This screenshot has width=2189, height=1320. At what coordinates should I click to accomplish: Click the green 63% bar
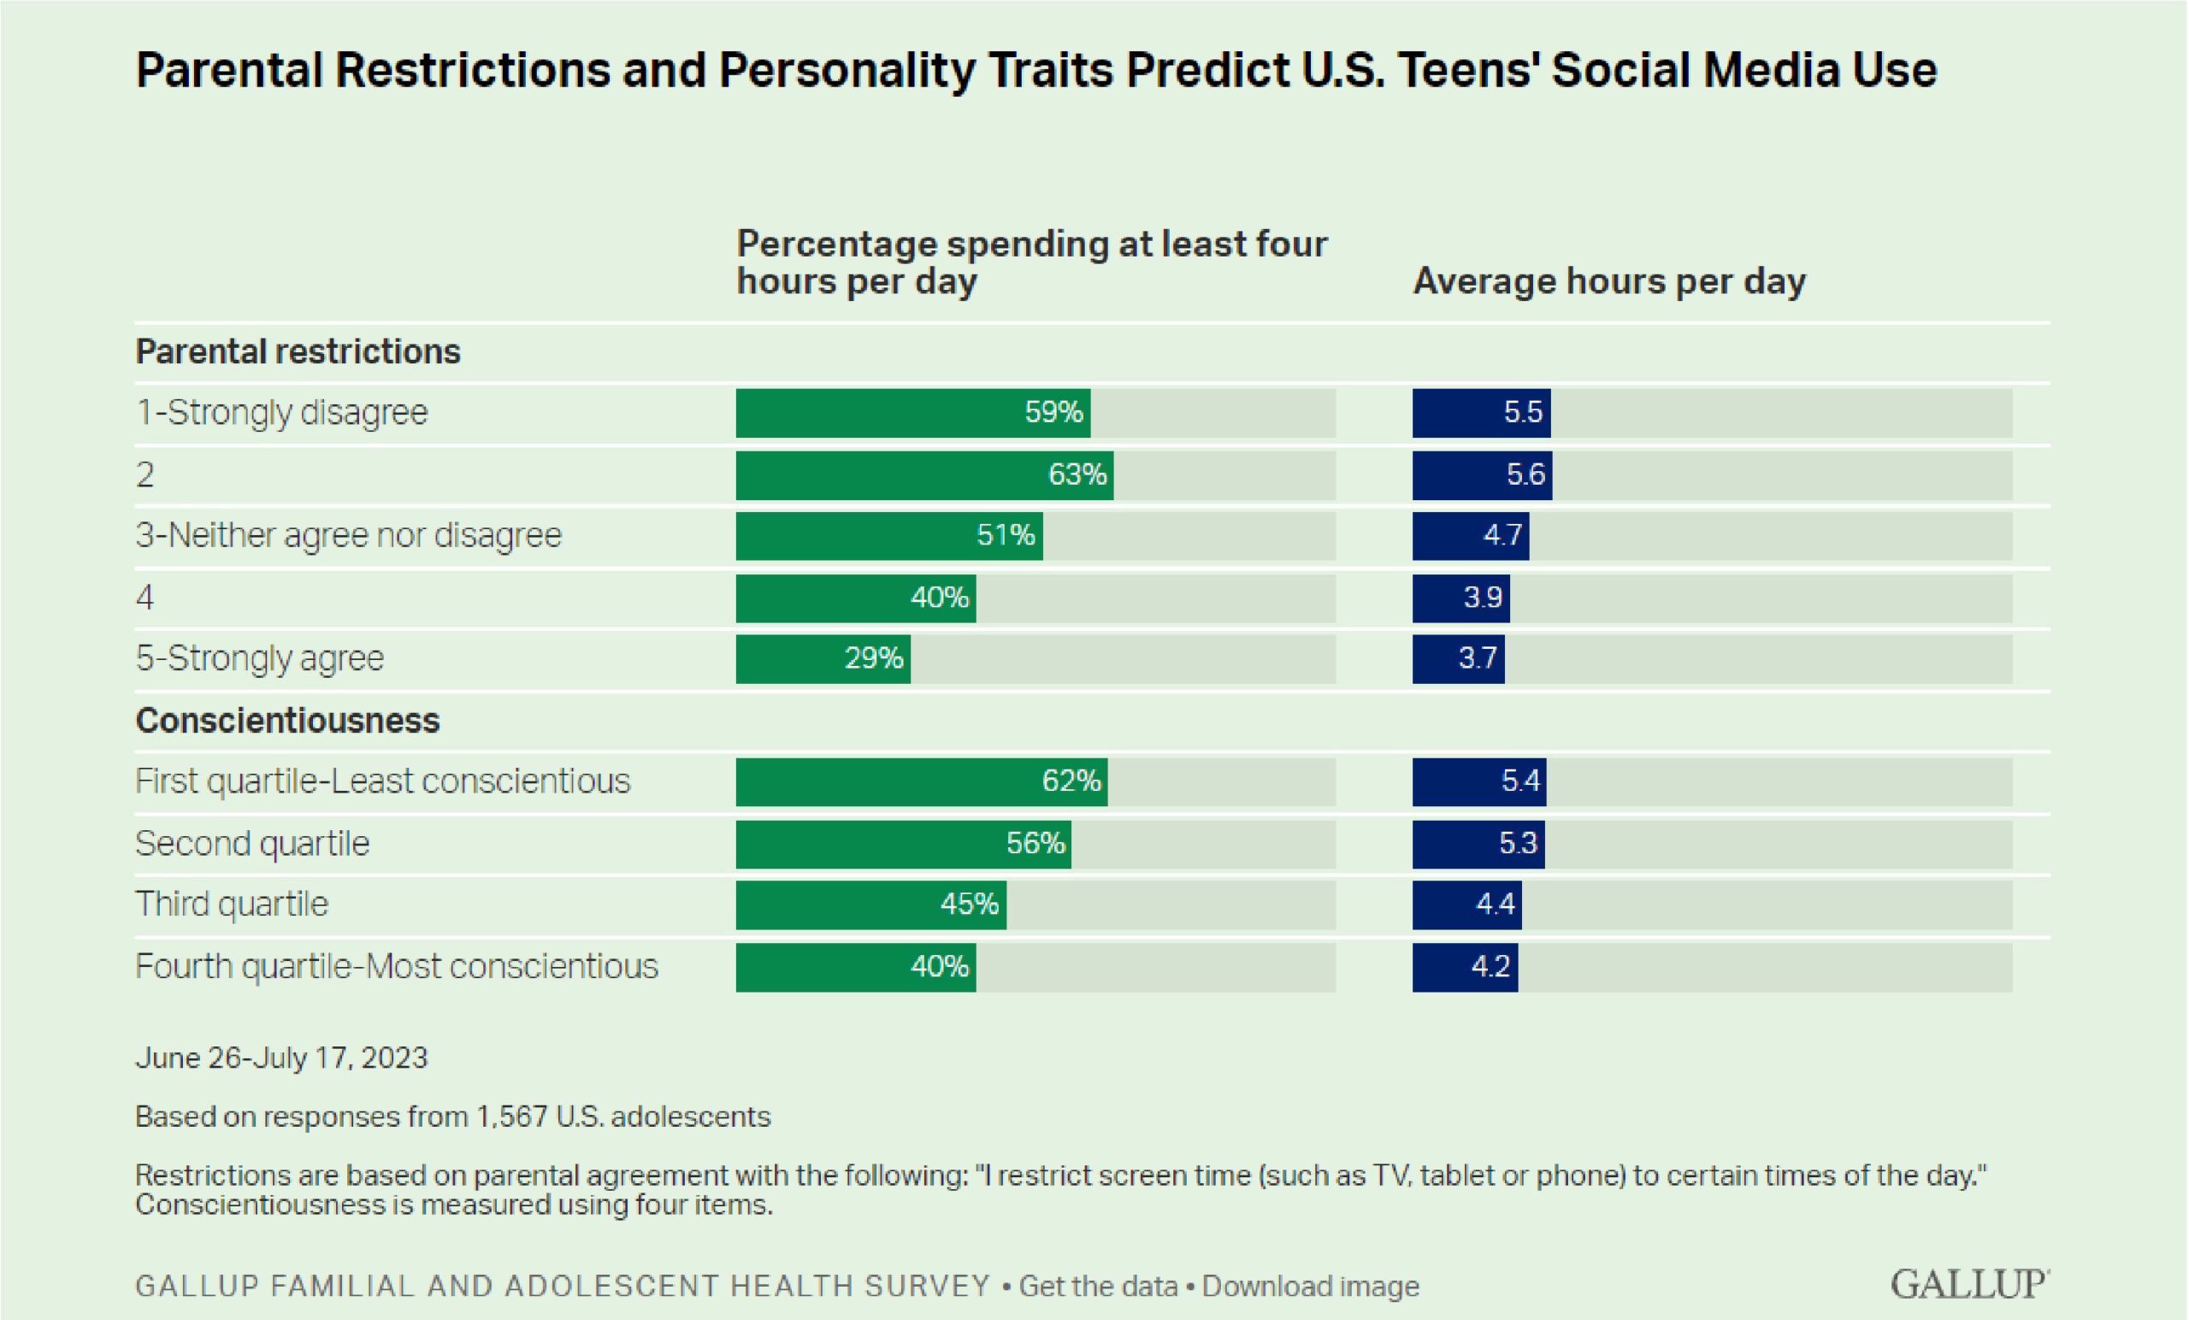pos(924,475)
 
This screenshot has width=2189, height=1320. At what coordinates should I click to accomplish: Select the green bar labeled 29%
pos(823,659)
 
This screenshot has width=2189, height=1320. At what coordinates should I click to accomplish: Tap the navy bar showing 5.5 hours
pos(1481,413)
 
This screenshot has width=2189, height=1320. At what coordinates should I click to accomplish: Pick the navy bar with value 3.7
pos(1458,659)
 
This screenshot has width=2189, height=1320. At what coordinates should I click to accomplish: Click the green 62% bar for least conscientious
pos(921,781)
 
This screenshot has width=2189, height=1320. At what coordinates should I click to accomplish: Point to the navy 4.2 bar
pos(1465,966)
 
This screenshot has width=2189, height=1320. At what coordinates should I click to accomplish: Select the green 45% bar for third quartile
pos(870,905)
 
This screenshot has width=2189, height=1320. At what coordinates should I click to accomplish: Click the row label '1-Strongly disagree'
pos(281,413)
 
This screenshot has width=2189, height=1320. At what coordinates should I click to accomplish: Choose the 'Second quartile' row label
pos(252,843)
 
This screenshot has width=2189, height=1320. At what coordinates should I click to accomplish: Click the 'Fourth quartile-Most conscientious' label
pos(396,966)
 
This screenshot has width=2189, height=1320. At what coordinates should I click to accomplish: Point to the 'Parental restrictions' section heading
pos(298,351)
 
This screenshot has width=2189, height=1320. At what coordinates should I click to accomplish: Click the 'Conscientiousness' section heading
pos(287,721)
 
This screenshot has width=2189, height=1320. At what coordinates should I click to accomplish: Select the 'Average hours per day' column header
pos(1609,281)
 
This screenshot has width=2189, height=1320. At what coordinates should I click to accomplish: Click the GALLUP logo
pos(1968,1284)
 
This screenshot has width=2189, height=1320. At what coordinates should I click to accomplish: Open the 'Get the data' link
pos(1098,1287)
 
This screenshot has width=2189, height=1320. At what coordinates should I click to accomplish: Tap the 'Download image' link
pos(1310,1287)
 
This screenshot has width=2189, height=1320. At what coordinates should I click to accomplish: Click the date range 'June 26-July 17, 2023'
pos(281,1058)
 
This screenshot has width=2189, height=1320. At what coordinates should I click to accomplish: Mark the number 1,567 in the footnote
pos(511,1117)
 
